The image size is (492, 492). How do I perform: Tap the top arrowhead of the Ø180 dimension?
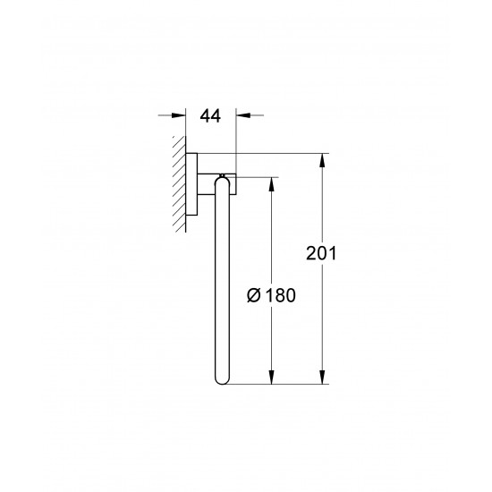click(268, 182)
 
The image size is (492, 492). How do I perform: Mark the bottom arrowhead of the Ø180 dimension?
click(268, 380)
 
